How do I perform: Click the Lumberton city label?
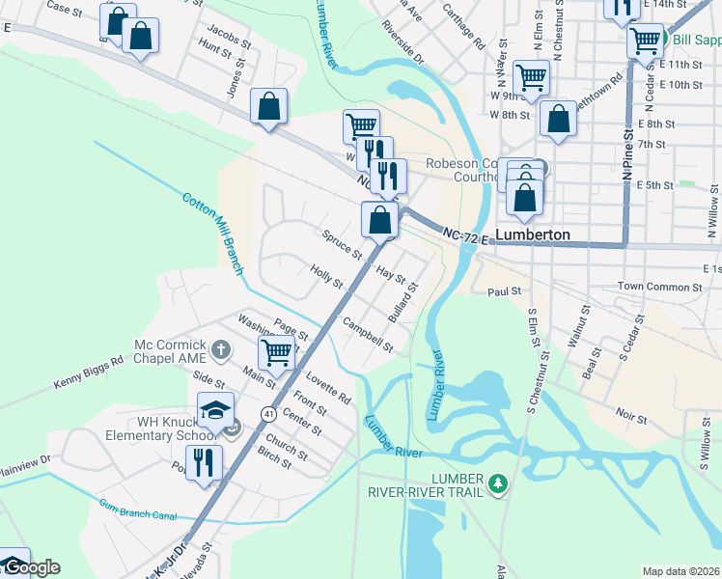coord(532,234)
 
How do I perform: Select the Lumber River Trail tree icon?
coord(498,481)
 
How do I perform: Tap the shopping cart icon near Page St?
coord(276,353)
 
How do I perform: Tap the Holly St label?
coord(326,277)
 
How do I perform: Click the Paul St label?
coord(504,290)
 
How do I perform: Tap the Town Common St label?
coord(659,287)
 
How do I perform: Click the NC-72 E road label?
coord(466,234)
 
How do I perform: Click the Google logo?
coord(31,567)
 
